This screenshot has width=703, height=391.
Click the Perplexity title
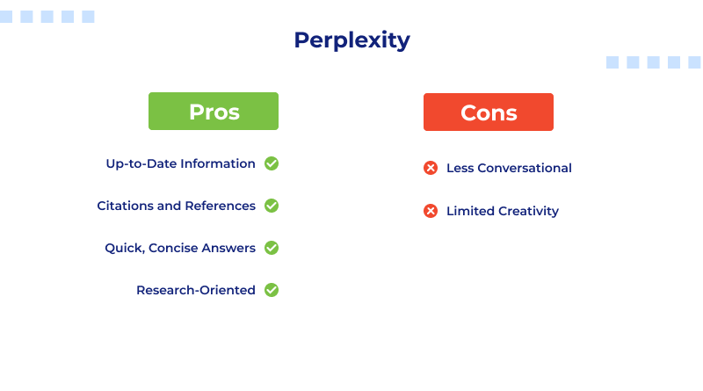click(351, 40)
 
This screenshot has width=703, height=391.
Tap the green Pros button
click(214, 112)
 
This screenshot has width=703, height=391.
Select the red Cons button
click(489, 112)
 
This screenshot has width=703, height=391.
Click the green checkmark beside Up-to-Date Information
click(272, 163)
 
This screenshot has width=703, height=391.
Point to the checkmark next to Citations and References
click(272, 206)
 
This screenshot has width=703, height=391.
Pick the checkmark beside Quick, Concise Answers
click(272, 248)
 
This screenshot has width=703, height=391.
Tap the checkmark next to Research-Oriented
click(272, 290)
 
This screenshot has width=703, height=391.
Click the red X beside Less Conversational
click(431, 168)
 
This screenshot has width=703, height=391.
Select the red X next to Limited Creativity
click(431, 211)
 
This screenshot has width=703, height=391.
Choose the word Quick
click(124, 248)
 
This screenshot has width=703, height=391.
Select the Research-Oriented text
click(196, 290)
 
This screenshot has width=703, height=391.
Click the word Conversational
click(525, 168)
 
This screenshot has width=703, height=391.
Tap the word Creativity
click(529, 211)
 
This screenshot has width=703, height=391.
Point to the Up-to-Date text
click(141, 163)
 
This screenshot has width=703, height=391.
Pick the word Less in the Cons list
click(460, 168)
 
